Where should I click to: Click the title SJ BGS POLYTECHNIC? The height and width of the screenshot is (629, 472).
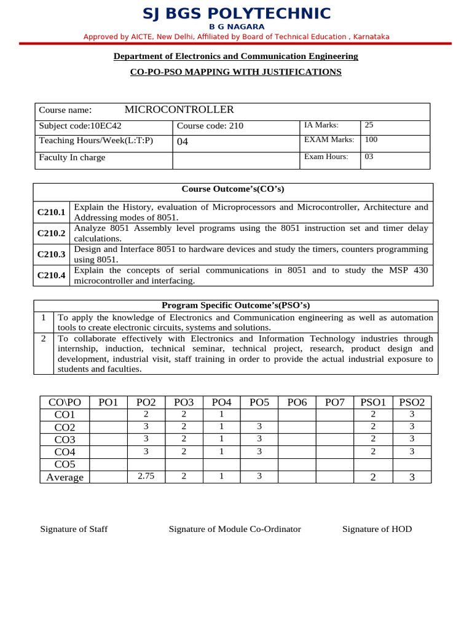click(x=236, y=14)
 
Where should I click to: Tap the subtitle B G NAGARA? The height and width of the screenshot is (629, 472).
click(x=236, y=27)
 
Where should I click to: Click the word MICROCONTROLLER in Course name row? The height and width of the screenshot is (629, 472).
click(x=179, y=110)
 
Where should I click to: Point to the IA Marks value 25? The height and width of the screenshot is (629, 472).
click(x=369, y=125)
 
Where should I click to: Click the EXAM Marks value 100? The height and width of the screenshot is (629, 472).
click(x=371, y=140)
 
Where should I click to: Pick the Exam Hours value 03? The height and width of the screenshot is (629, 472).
click(x=369, y=157)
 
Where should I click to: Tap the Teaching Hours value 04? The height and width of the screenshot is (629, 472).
click(x=183, y=142)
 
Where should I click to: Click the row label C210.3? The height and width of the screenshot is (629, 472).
click(x=51, y=254)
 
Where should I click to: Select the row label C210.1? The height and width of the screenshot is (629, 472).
click(x=51, y=212)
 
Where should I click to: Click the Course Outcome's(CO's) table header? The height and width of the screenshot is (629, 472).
click(x=232, y=189)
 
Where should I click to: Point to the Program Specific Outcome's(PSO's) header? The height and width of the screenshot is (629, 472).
click(x=235, y=305)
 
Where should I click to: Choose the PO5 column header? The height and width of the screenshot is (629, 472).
click(x=259, y=402)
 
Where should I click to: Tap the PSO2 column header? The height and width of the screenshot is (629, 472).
click(x=412, y=402)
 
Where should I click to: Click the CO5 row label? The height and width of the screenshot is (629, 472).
click(x=65, y=464)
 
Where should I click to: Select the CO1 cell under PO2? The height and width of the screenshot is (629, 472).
click(x=146, y=415)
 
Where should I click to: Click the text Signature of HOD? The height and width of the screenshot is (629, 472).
click(x=377, y=529)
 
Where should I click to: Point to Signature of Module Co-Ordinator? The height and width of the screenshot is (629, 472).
click(x=235, y=529)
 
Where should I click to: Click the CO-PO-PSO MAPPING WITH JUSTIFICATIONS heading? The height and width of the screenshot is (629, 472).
click(x=235, y=72)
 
